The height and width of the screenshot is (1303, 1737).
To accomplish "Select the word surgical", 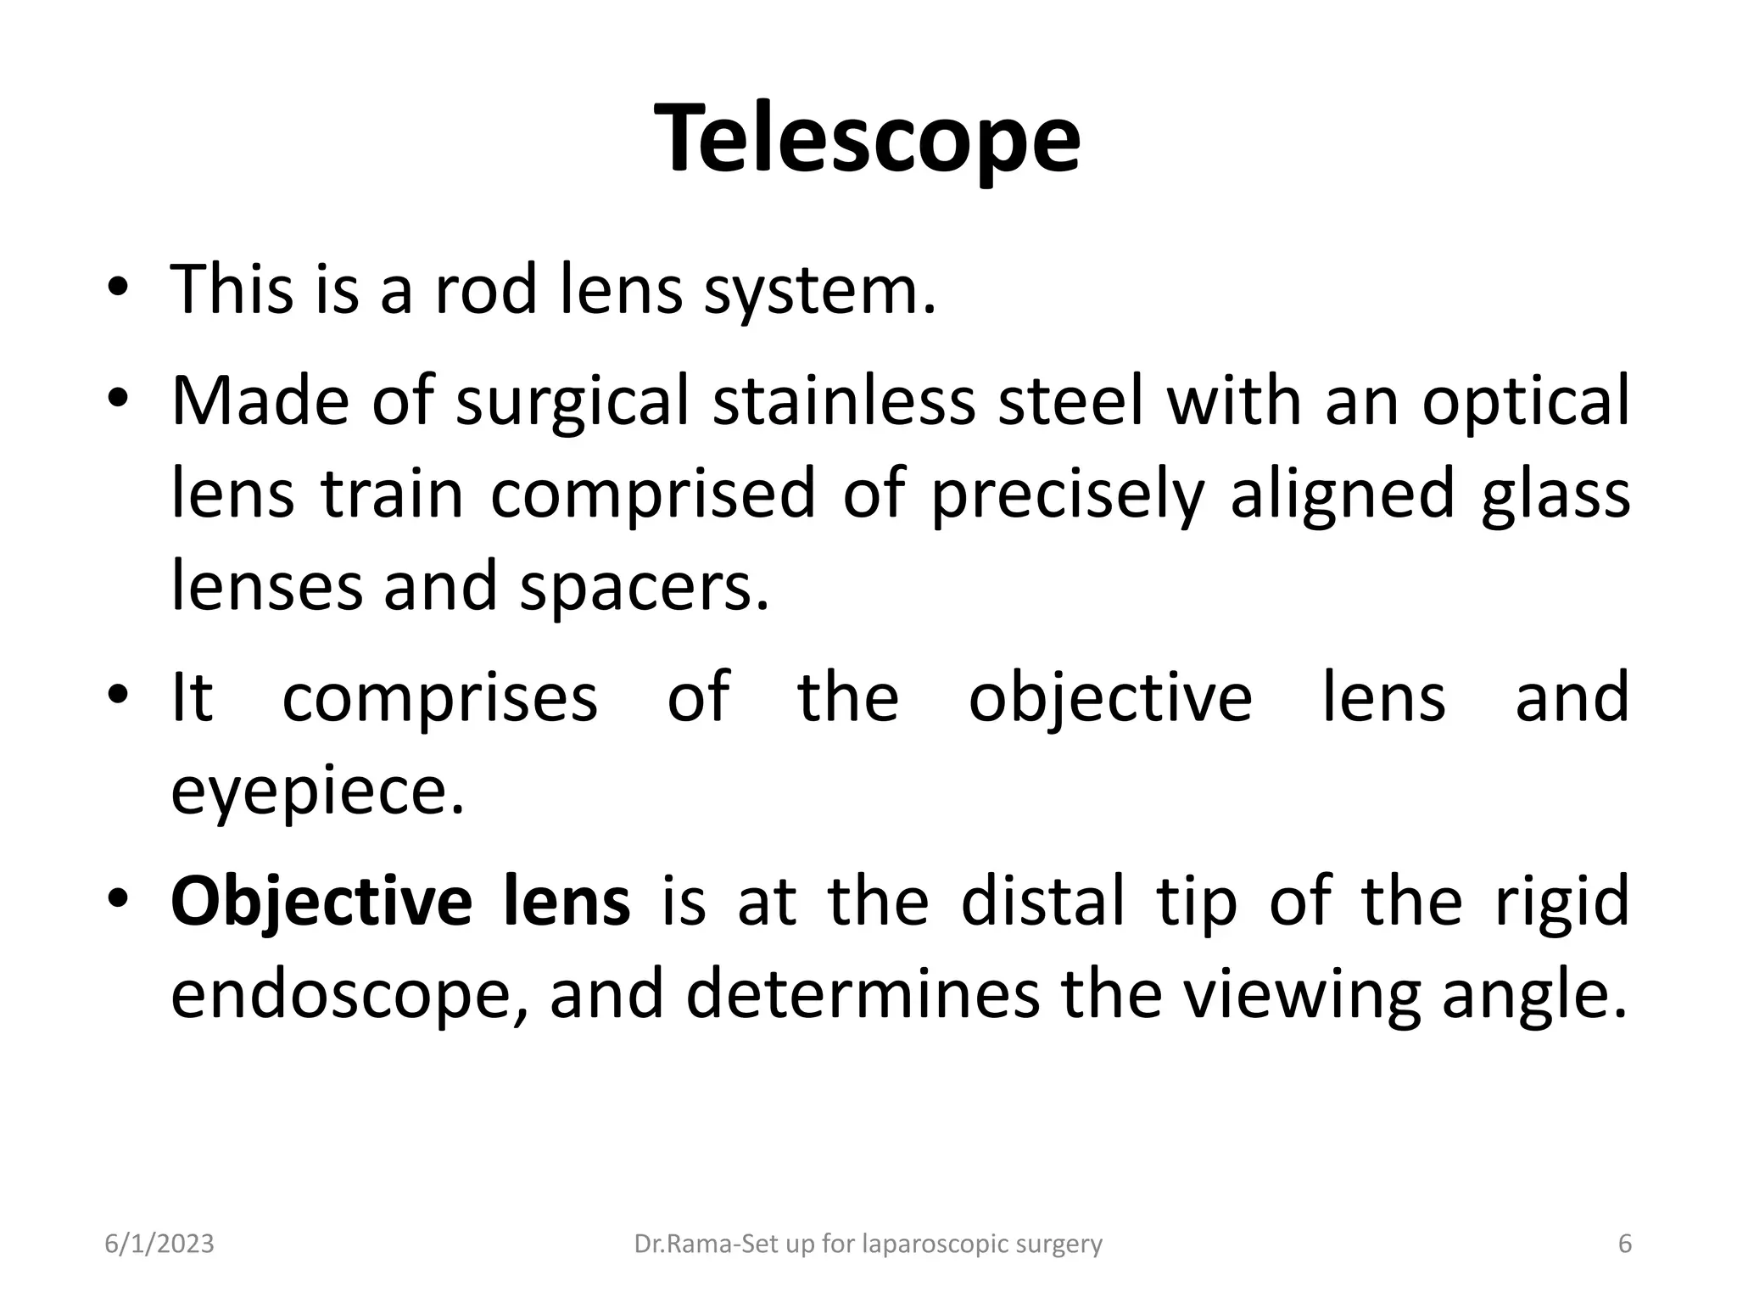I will tap(572, 400).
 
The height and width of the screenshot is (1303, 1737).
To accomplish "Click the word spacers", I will tap(644, 587).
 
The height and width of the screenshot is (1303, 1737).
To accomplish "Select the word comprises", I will tap(439, 697).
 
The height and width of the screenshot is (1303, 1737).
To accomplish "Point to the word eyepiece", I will tap(317, 791).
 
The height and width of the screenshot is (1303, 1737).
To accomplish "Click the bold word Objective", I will tap(321, 901).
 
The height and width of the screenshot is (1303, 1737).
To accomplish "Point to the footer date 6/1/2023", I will tap(159, 1244).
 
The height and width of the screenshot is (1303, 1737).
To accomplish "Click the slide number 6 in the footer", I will tap(1625, 1244).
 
